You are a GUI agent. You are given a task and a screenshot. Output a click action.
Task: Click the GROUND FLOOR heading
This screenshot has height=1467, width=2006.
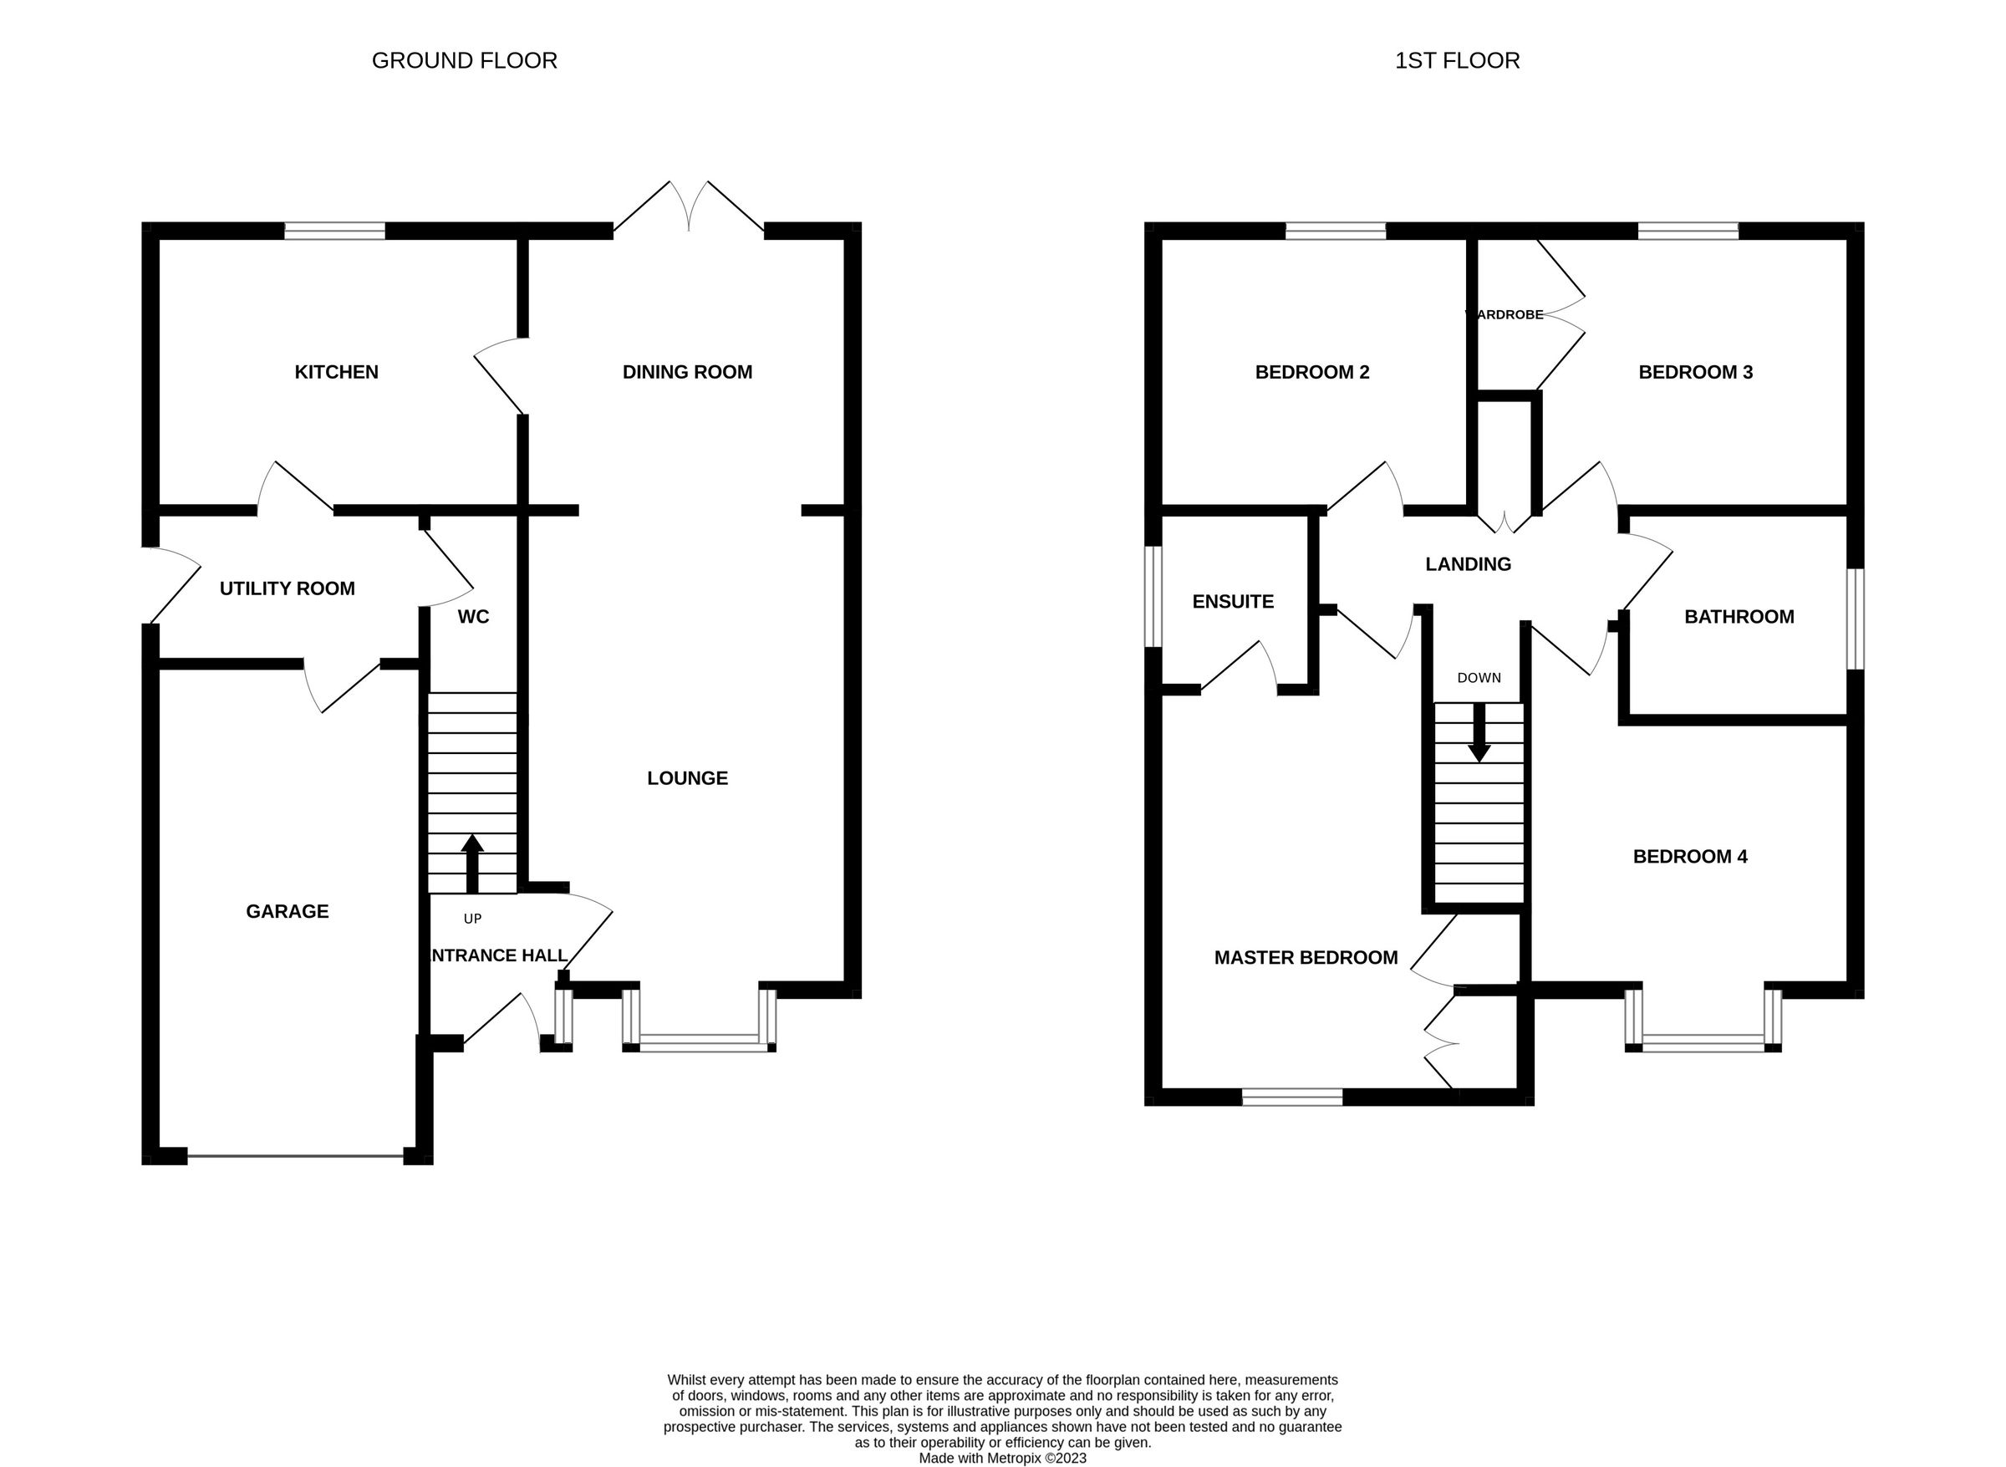coord(464,60)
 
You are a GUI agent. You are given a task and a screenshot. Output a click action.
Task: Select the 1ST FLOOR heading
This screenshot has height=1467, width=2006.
coord(1456,60)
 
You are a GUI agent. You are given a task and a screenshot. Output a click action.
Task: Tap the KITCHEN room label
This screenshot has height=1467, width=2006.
coord(336,372)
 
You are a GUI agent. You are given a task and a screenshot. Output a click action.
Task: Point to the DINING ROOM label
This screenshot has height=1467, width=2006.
coord(686,372)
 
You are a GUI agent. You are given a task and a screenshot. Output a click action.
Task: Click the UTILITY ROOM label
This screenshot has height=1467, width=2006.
coord(287,588)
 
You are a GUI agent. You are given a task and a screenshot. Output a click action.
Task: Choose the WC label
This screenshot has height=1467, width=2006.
coord(472,616)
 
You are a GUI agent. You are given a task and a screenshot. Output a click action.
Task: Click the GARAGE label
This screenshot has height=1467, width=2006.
coord(287,911)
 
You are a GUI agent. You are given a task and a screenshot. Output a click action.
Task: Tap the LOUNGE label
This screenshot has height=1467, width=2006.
coord(686,778)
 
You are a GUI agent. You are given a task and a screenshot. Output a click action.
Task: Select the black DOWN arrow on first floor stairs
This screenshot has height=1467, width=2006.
coord(1479,732)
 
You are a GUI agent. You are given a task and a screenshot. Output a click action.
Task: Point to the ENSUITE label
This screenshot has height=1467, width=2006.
coord(1233,601)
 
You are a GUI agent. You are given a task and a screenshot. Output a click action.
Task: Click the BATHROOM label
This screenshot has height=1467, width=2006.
coord(1739,616)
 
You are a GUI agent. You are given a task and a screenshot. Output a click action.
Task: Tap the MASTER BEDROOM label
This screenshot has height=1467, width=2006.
coord(1306,957)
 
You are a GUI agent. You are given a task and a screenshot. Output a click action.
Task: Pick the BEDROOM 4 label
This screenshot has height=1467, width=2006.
coord(1690,856)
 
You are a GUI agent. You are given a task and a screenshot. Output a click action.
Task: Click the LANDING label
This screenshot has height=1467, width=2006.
coord(1468,564)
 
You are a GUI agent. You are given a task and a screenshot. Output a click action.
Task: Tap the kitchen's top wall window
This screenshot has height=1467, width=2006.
coord(335,231)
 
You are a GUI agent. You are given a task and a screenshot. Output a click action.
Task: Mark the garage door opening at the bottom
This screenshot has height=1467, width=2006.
coord(295,1155)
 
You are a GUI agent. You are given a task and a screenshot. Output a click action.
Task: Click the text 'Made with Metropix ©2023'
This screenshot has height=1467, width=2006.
coord(1002,1457)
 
